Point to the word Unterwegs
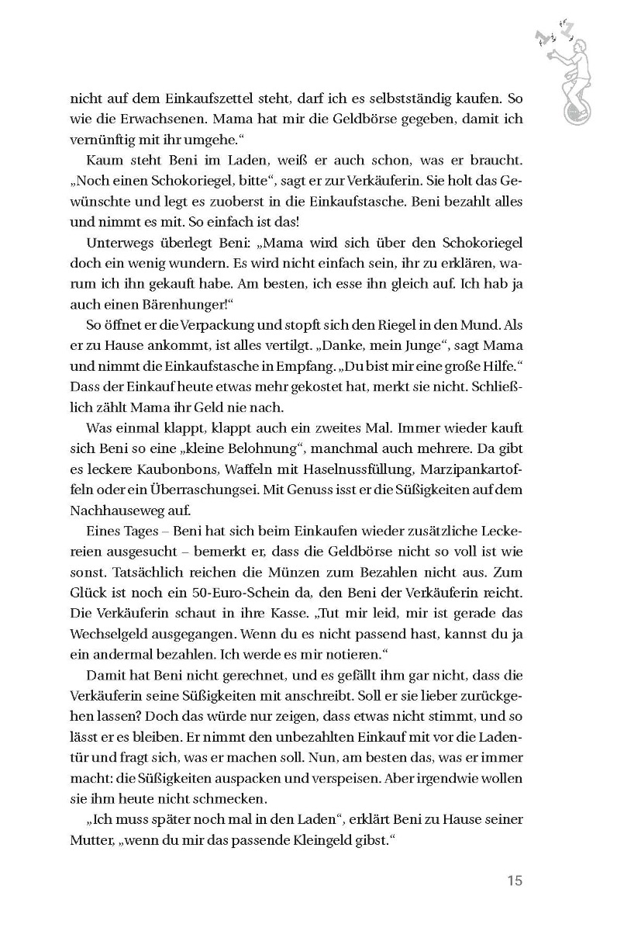pyautogui.click(x=119, y=241)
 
